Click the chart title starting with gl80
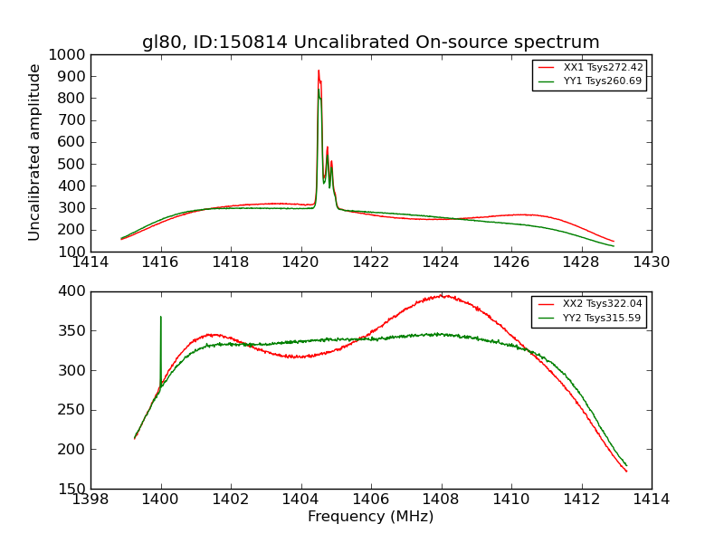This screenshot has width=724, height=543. tap(370, 42)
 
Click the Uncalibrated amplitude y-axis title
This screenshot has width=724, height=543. tap(34, 152)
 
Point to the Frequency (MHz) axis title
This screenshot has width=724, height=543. tap(370, 517)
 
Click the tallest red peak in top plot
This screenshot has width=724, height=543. tap(319, 71)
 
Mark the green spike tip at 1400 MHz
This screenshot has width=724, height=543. tap(161, 317)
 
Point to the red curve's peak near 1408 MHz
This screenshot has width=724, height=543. tap(443, 295)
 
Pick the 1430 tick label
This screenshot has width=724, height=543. tap(651, 262)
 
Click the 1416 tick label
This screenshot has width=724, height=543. tap(161, 262)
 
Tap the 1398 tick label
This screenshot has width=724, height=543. tap(90, 500)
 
